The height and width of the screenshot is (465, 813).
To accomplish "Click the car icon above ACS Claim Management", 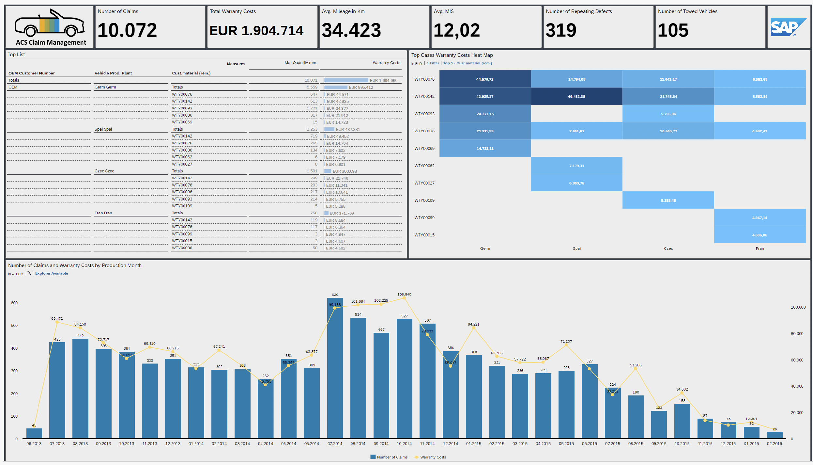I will click(50, 24).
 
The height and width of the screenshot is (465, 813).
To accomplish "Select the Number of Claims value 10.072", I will click(127, 30).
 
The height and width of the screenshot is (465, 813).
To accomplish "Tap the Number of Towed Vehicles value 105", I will click(673, 30).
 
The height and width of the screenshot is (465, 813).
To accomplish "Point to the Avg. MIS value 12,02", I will click(457, 30).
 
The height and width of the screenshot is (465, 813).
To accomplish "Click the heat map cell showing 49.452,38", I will click(576, 96).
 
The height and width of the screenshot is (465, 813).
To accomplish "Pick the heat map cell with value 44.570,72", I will click(485, 79).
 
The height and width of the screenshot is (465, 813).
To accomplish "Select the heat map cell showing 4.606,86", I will click(759, 235).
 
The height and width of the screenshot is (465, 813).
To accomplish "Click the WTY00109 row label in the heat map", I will click(424, 200).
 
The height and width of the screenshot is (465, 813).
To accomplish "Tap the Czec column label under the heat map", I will click(668, 249).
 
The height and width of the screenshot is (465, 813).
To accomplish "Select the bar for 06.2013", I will click(34, 433).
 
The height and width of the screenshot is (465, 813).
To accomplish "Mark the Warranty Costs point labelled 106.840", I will click(404, 298).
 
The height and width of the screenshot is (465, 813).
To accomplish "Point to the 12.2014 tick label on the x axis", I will click(450, 443).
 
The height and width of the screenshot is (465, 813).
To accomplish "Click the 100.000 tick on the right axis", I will click(798, 307).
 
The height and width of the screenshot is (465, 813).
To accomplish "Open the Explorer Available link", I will click(52, 273).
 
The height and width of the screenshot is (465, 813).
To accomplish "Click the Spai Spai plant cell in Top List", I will click(103, 129).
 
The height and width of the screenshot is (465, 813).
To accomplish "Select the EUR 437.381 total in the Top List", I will click(348, 130).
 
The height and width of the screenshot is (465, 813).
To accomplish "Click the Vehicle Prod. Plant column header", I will click(113, 73).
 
